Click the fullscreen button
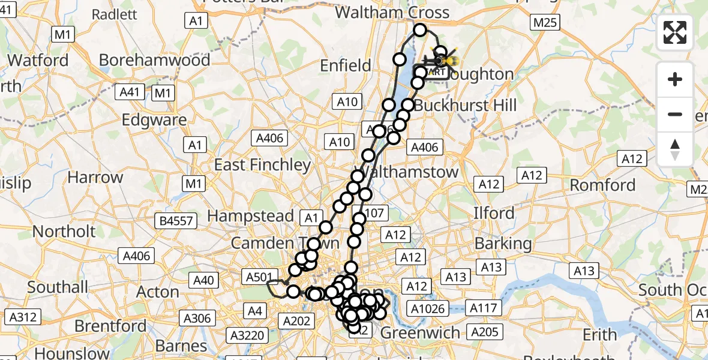tap(675, 32)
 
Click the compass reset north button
tap(675, 149)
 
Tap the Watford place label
tap(38, 60)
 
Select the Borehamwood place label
tap(155, 60)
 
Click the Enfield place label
tap(346, 65)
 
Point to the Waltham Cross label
tap(392, 13)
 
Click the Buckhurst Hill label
tap(465, 106)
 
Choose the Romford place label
tap(602, 185)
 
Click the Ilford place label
tap(494, 212)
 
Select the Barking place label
tap(503, 243)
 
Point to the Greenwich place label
tap(421, 332)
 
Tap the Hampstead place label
tap(251, 215)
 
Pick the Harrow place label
tap(95, 177)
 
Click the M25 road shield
tap(545, 23)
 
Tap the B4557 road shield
tap(176, 221)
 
